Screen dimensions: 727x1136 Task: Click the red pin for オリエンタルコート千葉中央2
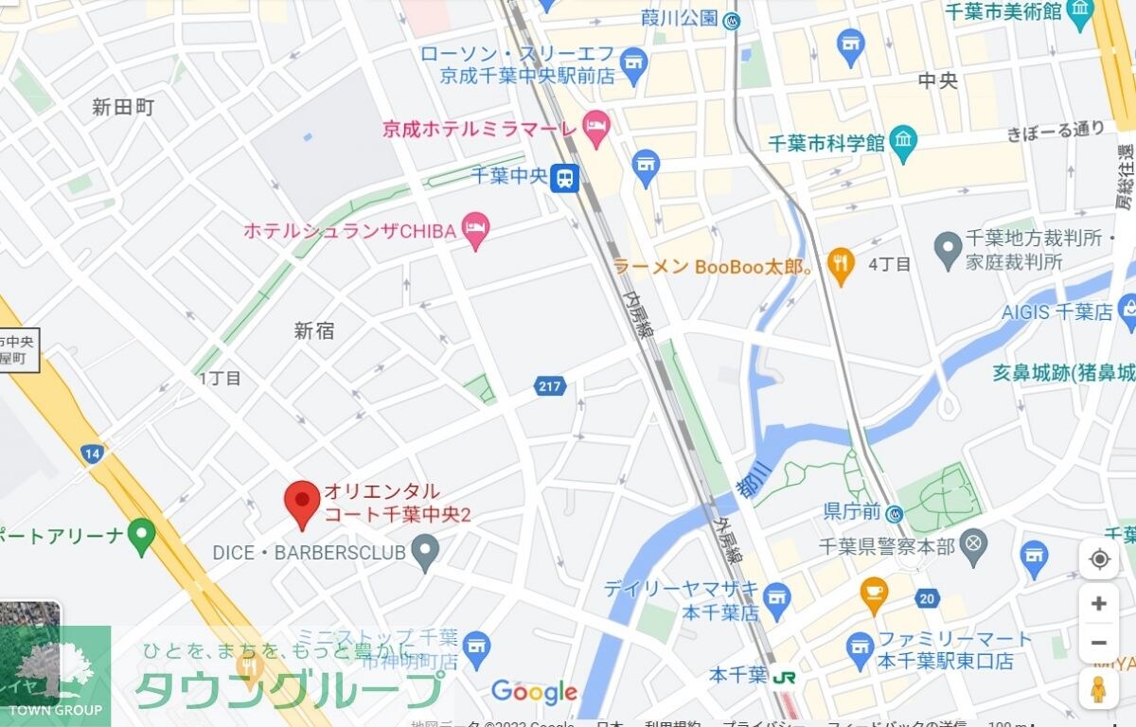point(303,502)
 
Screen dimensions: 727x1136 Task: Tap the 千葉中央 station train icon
point(565,177)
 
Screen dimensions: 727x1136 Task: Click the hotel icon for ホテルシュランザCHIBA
point(476,228)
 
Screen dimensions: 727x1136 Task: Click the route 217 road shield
point(549,385)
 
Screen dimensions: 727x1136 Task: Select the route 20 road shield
point(927,597)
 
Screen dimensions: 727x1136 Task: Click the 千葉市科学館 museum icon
point(904,142)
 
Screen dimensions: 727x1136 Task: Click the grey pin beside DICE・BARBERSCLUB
point(426,550)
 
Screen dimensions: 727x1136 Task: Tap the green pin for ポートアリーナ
point(142,535)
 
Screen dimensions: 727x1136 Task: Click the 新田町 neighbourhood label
point(123,107)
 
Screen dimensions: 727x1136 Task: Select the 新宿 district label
point(314,330)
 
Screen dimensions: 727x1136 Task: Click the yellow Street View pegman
point(1098,689)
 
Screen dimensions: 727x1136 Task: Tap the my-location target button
point(1098,559)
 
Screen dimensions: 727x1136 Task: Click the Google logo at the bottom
point(534,692)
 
